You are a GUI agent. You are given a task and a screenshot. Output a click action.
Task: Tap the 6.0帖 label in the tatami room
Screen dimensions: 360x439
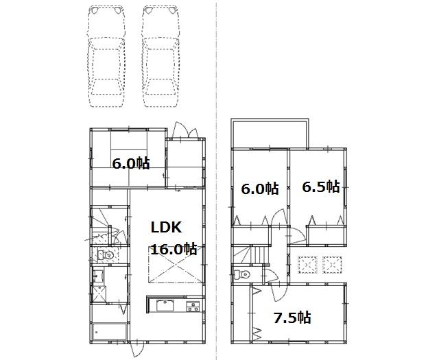(x=131, y=163)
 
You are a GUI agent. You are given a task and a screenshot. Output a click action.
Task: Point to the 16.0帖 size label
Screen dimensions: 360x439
(x=174, y=249)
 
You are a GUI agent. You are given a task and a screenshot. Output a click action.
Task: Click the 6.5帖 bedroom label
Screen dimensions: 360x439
(x=320, y=187)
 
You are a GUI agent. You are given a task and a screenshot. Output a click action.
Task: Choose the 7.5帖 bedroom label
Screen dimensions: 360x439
(x=292, y=317)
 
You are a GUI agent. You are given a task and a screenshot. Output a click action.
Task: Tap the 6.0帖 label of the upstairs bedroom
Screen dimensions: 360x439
(x=259, y=188)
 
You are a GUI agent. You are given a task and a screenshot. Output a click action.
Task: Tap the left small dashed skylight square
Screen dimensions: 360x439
(x=307, y=264)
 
